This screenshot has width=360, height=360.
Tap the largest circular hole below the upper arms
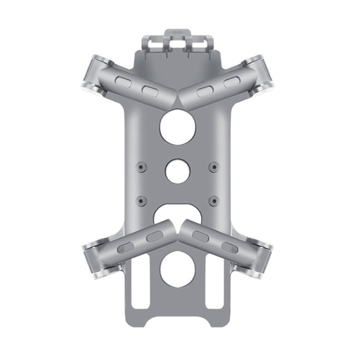178,127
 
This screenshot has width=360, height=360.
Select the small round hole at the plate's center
177,171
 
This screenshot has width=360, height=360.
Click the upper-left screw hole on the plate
140,166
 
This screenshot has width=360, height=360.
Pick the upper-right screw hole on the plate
213,166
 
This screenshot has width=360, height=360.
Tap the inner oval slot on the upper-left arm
149,90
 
